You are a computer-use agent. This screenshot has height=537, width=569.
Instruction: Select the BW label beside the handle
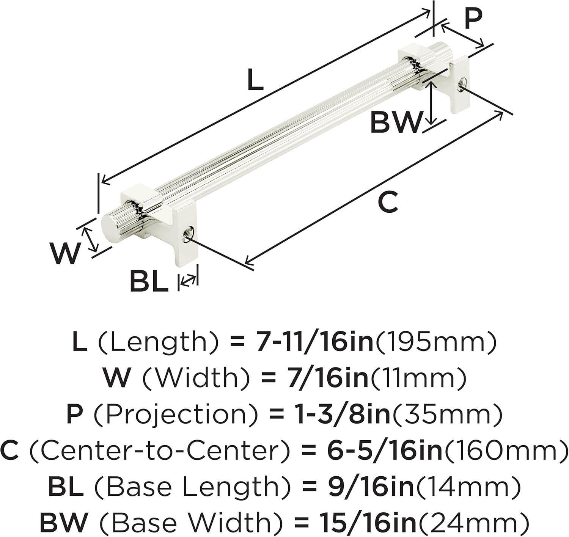click(x=396, y=122)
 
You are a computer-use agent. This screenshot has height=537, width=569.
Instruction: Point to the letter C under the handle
click(x=388, y=202)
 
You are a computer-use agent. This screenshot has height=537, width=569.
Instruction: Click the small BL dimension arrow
click(x=188, y=279)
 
